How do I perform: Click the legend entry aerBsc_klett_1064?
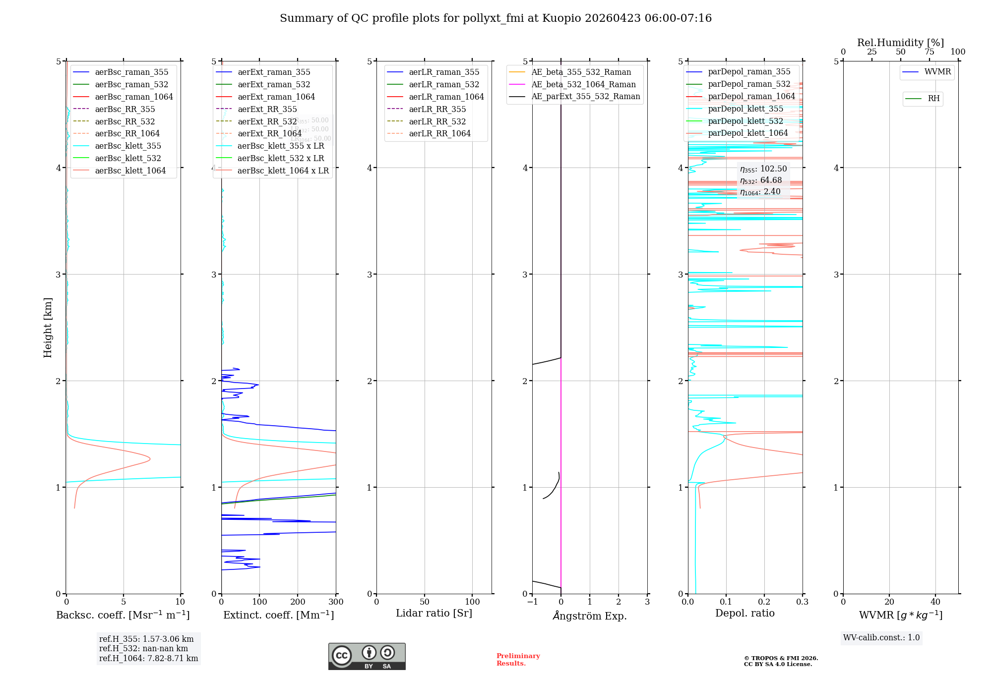pyautogui.click(x=130, y=170)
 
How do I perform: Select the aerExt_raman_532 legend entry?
pyautogui.click(x=274, y=84)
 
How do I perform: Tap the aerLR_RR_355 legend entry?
pyautogui.click(x=437, y=109)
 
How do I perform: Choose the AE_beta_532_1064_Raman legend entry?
pyautogui.click(x=583, y=84)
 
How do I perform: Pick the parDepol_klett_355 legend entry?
pyautogui.click(x=745, y=109)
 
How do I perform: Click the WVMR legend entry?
pyautogui.click(x=937, y=72)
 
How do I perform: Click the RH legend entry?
pyautogui.click(x=933, y=99)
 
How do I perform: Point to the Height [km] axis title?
pyautogui.click(x=48, y=328)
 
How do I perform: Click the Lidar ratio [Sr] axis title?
pyautogui.click(x=434, y=613)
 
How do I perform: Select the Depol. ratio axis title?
pyautogui.click(x=744, y=613)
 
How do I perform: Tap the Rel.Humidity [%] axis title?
pyautogui.click(x=900, y=43)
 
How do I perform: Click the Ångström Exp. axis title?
pyautogui.click(x=590, y=616)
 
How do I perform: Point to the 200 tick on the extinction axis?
pyautogui.click(x=298, y=602)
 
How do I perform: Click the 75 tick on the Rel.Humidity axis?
pyautogui.click(x=929, y=52)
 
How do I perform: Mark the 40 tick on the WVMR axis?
pyautogui.click(x=935, y=602)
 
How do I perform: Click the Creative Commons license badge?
pyautogui.click(x=367, y=656)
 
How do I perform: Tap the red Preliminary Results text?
pyautogui.click(x=518, y=659)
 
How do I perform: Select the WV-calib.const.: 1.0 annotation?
pyautogui.click(x=881, y=637)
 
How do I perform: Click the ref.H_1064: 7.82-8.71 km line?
pyautogui.click(x=148, y=658)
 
